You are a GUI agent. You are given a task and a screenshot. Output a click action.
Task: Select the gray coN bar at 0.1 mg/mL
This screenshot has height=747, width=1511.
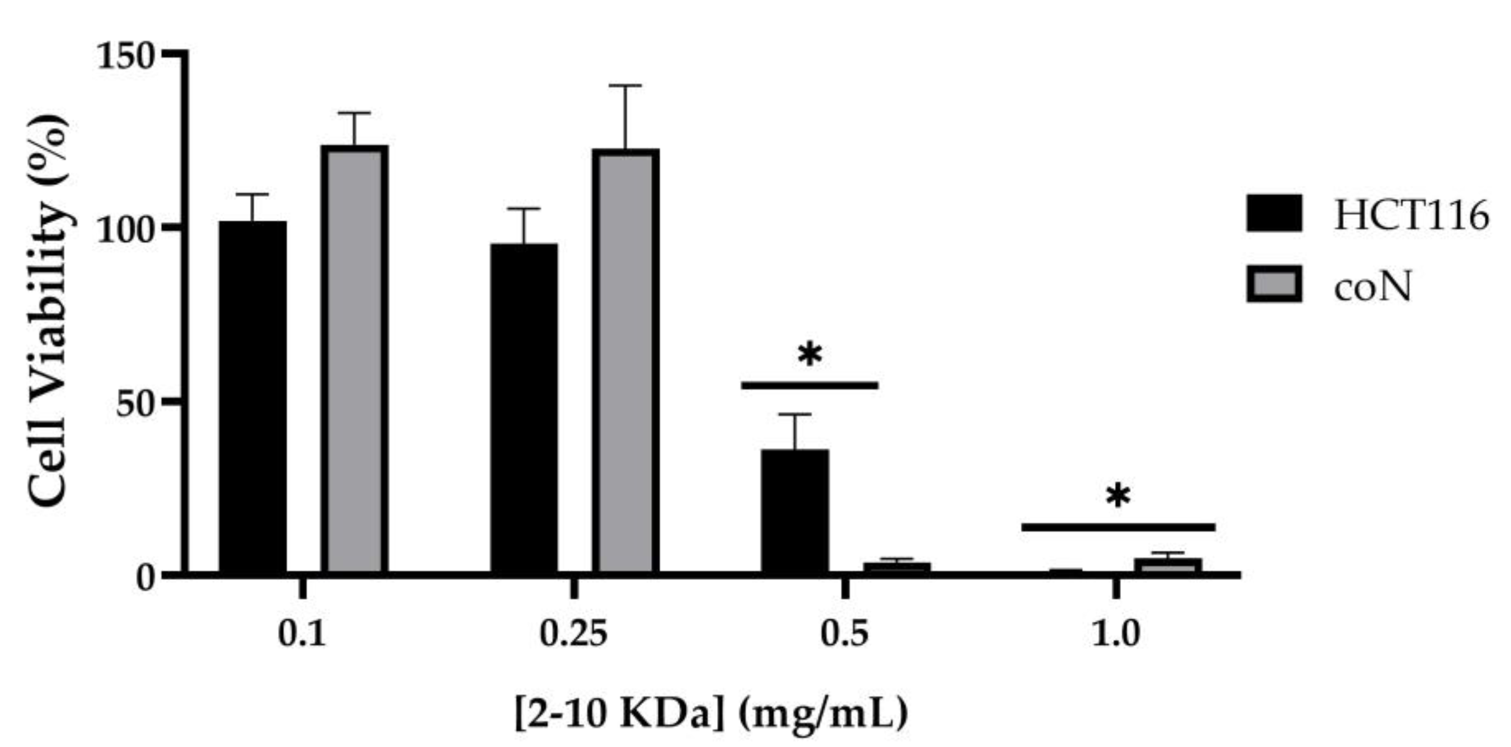pyautogui.click(x=354, y=359)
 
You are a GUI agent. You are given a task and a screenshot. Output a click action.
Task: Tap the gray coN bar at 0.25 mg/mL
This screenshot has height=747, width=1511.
pyautogui.click(x=625, y=361)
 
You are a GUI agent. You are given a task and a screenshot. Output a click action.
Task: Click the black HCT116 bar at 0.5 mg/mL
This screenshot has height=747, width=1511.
pyautogui.click(x=795, y=510)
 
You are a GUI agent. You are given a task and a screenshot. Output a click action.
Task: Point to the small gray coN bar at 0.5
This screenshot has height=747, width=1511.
pyautogui.click(x=897, y=567)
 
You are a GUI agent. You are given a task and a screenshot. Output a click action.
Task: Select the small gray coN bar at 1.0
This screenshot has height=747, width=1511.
pyautogui.click(x=1167, y=565)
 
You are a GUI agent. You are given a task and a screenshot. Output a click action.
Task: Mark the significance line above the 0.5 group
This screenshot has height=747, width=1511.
pyautogui.click(x=809, y=385)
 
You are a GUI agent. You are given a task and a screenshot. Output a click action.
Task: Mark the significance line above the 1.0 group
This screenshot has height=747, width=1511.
pyautogui.click(x=1118, y=527)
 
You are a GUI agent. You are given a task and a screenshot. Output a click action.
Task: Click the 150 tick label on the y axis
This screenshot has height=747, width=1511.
pyautogui.click(x=125, y=58)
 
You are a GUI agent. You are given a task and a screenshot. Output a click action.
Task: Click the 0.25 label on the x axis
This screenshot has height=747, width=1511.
pyautogui.click(x=573, y=635)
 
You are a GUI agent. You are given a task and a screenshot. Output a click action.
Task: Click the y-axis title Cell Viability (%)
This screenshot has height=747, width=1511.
pyautogui.click(x=49, y=311)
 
